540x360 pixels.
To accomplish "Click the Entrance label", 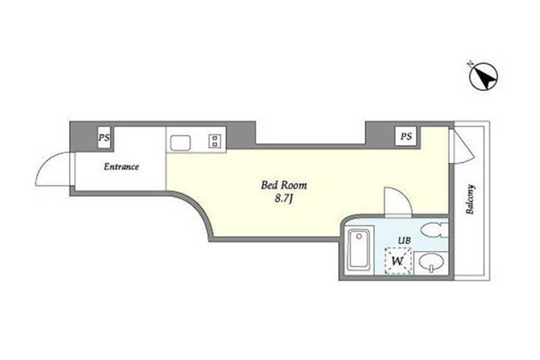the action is (x=121, y=166).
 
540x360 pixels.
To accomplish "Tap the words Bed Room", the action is (x=284, y=185).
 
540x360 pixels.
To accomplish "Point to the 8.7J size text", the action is (x=283, y=199).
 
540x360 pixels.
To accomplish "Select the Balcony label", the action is (x=470, y=199).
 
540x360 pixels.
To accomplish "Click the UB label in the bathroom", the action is (x=404, y=240).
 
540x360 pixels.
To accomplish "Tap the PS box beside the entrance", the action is (x=104, y=137).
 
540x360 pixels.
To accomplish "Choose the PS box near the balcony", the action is (x=406, y=136).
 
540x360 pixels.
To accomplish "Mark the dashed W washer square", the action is (x=398, y=261).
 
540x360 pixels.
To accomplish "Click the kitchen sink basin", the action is (x=180, y=143).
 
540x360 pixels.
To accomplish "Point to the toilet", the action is (x=434, y=230).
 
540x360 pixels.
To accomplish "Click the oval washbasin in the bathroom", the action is (x=431, y=263).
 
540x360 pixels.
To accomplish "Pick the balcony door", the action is (x=462, y=145).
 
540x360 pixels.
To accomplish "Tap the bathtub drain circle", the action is (x=359, y=236).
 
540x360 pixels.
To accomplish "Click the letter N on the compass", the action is (x=470, y=64).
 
